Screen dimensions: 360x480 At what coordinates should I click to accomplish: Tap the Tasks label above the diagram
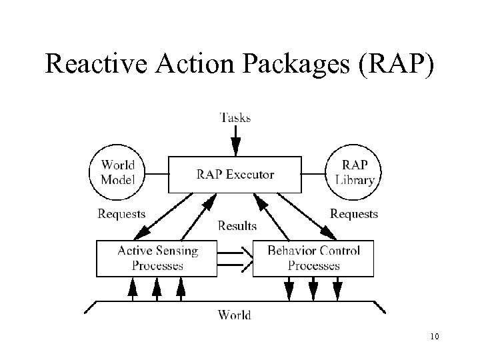235,118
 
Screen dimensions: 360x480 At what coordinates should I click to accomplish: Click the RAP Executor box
235,175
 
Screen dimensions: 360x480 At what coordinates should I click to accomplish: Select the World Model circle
117,172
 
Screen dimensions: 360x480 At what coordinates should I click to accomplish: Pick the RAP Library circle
352,172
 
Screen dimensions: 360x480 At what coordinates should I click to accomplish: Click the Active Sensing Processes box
157,258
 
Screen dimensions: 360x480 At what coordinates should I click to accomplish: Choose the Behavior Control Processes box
313,258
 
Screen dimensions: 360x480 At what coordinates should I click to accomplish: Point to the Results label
237,226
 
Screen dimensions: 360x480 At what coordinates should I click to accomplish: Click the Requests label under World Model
121,214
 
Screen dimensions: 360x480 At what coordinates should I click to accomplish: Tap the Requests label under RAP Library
354,214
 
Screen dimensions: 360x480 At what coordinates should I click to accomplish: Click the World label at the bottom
235,315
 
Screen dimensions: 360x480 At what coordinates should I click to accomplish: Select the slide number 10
435,336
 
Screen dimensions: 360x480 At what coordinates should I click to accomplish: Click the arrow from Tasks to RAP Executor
235,141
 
